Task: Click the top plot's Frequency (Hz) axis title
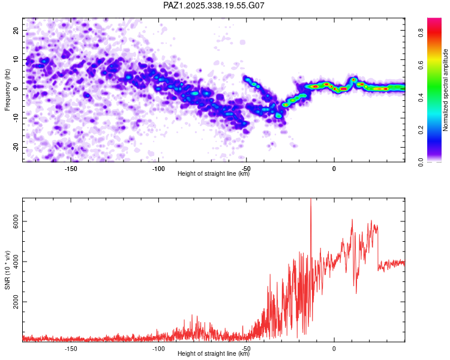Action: pyautogui.click(x=7, y=89)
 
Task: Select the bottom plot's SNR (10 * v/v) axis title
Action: pyautogui.click(x=7, y=269)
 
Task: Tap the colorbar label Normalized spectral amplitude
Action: pyautogui.click(x=445, y=90)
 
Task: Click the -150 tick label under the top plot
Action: pyautogui.click(x=70, y=169)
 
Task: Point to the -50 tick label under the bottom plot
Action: pyautogui.click(x=246, y=349)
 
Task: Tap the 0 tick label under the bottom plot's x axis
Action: pyautogui.click(x=334, y=349)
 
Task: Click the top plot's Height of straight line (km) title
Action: pyautogui.click(x=214, y=174)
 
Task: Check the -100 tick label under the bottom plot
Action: pyautogui.click(x=158, y=349)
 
